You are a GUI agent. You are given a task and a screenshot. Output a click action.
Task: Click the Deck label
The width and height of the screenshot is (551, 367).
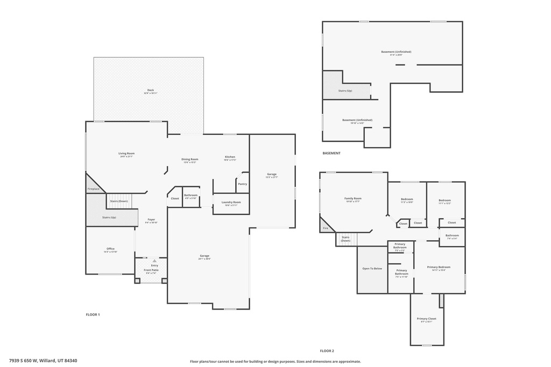click(x=150, y=90)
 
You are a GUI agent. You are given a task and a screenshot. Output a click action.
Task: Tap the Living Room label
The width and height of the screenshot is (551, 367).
click(x=126, y=154)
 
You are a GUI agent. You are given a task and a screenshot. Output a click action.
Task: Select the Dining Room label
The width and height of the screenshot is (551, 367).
click(x=189, y=159)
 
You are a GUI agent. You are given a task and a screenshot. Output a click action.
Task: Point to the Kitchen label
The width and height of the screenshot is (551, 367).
click(x=230, y=157)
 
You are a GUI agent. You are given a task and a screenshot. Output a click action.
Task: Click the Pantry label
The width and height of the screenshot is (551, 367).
click(x=242, y=184)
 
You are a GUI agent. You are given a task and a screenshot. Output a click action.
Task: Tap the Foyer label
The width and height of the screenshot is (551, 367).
click(x=151, y=219)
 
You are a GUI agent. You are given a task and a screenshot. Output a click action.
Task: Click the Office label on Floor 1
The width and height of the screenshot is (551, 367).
click(x=110, y=249)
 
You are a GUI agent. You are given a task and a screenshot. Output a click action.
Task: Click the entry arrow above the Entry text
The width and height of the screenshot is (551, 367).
click(x=154, y=261)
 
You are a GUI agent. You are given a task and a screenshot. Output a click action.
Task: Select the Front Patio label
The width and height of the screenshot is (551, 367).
click(x=151, y=270)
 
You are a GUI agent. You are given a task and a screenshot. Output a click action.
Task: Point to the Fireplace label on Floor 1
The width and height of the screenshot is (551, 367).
click(x=93, y=189)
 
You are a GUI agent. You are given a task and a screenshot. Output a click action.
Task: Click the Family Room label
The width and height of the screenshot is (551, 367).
click(x=353, y=198)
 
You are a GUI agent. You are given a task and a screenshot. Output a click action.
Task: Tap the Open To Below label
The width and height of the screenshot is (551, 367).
click(x=372, y=268)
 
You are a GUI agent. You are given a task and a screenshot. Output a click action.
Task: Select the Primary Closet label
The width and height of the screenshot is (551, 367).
click(x=426, y=319)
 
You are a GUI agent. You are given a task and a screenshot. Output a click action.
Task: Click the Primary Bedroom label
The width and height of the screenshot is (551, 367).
click(x=439, y=267)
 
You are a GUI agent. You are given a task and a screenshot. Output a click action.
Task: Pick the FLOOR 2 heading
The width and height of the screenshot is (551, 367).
click(x=327, y=350)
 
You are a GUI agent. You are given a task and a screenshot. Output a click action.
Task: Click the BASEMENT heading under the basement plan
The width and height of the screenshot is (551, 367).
click(x=331, y=153)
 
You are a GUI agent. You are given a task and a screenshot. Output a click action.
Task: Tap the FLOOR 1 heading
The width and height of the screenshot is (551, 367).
click(x=93, y=314)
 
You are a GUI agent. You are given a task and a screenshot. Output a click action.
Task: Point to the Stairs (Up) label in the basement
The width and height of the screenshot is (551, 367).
click(x=345, y=91)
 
